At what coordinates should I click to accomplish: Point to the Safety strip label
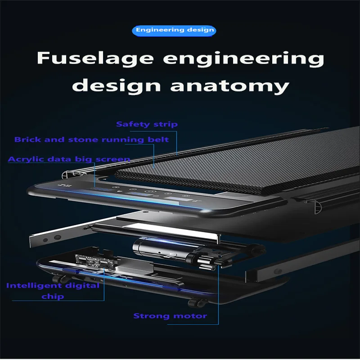(x=147, y=124)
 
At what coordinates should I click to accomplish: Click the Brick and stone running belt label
(x=91, y=139)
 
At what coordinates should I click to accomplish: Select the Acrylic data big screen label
(x=69, y=159)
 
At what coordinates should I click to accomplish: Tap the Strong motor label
(x=170, y=316)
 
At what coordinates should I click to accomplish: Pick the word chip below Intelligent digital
(x=53, y=297)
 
